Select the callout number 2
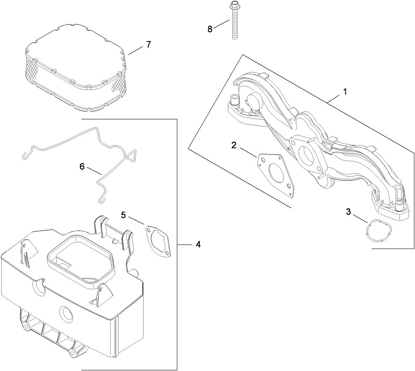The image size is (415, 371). point(234,145)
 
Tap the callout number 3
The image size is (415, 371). point(348,212)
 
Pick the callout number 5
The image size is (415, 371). point(123,214)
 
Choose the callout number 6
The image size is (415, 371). point(82,166)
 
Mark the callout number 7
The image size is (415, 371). point(148,44)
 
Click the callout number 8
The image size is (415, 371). point(210,28)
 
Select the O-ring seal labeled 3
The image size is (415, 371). point(379,232)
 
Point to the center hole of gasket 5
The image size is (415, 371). point(159,242)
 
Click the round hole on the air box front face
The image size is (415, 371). point(66,313)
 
